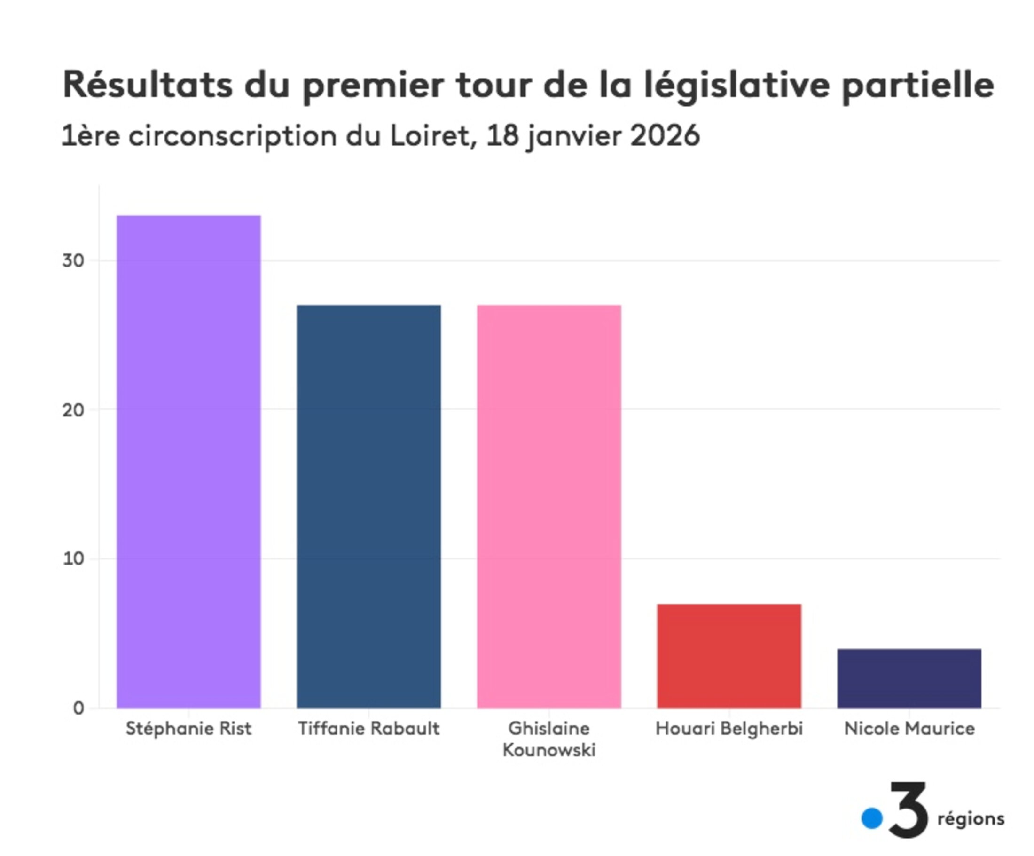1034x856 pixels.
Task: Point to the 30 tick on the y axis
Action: [73, 260]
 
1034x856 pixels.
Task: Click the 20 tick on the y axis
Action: [73, 410]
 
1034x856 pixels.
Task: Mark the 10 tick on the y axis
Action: [73, 559]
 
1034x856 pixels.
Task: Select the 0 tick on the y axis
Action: [79, 708]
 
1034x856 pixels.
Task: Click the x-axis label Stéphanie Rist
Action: [188, 729]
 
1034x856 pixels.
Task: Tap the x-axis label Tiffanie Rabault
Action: [368, 729]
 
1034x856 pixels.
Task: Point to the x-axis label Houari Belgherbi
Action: [729, 729]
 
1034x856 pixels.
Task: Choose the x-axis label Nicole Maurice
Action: [909, 729]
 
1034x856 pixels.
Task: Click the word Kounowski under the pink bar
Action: [549, 750]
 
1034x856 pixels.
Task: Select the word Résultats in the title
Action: [148, 85]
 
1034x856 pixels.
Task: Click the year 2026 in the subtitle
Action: [665, 135]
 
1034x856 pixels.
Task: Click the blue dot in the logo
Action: [871, 818]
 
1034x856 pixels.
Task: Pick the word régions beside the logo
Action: [971, 819]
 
